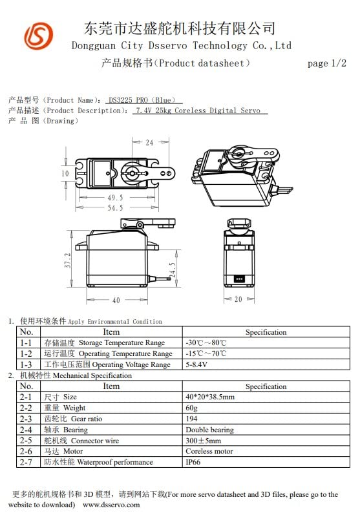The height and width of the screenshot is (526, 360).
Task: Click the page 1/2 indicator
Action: pyautogui.click(x=327, y=63)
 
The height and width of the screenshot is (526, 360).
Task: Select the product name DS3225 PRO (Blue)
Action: pyautogui.click(x=145, y=100)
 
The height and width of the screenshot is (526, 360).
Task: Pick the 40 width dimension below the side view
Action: pyautogui.click(x=116, y=300)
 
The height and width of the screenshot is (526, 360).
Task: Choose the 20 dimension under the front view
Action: pyautogui.click(x=238, y=300)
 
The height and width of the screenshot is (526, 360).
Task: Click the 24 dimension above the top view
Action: pyautogui.click(x=149, y=142)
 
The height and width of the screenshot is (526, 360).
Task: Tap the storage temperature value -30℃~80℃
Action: pyautogui.click(x=206, y=342)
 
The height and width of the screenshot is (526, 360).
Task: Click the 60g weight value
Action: pyautogui.click(x=191, y=408)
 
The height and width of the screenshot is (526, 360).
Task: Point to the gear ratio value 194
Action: pyautogui.click(x=191, y=419)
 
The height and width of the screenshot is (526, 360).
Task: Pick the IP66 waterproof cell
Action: pyautogui.click(x=193, y=462)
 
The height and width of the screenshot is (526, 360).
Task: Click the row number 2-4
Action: pyautogui.click(x=26, y=430)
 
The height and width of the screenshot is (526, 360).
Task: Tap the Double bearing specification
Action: pyautogui.click(x=209, y=430)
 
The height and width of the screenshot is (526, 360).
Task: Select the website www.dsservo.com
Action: pyautogui.click(x=111, y=504)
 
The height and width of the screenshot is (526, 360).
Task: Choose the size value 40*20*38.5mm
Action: pyautogui.click(x=210, y=397)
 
